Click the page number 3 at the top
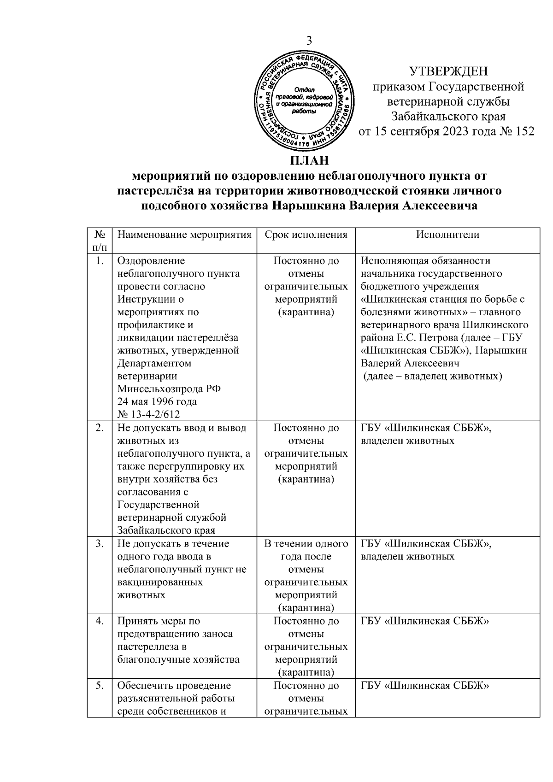pyautogui.click(x=309, y=41)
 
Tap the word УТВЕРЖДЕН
pyautogui.click(x=448, y=71)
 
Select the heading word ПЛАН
pyautogui.click(x=309, y=162)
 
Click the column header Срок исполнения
pyautogui.click(x=306, y=235)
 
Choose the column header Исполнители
pyautogui.click(x=447, y=235)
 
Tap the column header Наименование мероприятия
pyautogui.click(x=184, y=235)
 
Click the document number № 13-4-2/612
pyautogui.click(x=148, y=414)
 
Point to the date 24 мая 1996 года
pyautogui.click(x=157, y=401)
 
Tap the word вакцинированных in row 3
pyautogui.click(x=160, y=582)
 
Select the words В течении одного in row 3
pyautogui.click(x=306, y=544)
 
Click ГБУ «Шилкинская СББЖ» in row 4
pyautogui.click(x=424, y=621)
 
